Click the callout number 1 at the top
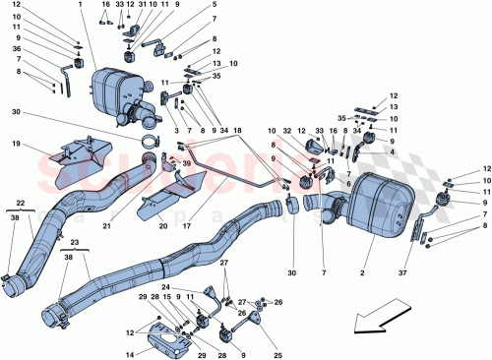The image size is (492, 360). (92, 5)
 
